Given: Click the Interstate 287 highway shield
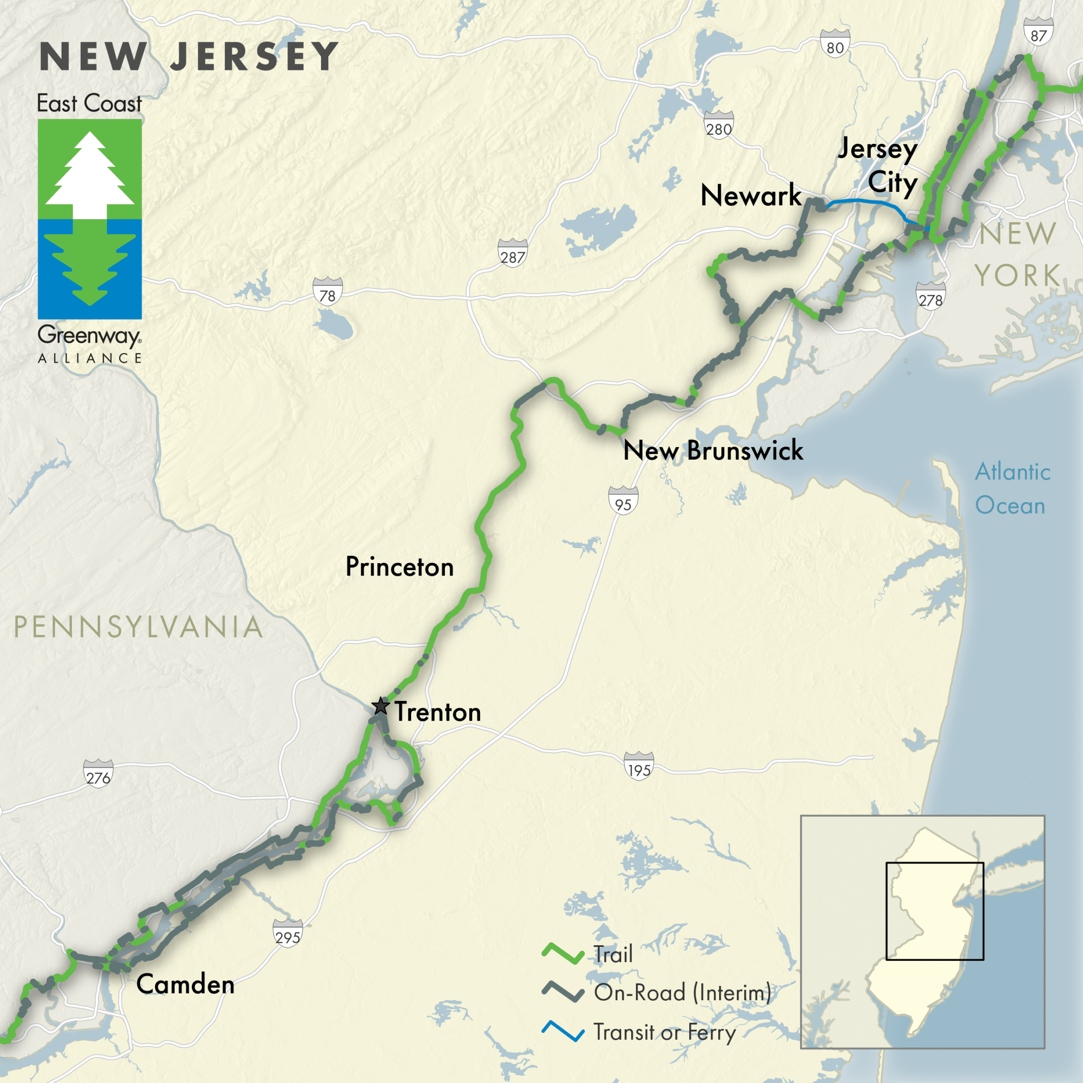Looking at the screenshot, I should [x=512, y=253].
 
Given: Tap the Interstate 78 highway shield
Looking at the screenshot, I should [x=327, y=291].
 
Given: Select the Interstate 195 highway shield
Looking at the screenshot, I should [x=639, y=765].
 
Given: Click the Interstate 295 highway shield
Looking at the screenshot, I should [x=287, y=933].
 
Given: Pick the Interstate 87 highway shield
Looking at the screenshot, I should [x=1038, y=32].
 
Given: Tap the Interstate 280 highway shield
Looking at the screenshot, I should [x=719, y=125].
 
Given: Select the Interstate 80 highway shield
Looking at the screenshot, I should [x=835, y=44].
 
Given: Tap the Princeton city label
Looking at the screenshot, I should [x=399, y=567].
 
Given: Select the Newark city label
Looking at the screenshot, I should [x=751, y=195].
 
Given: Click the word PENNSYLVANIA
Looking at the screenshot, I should [x=137, y=627].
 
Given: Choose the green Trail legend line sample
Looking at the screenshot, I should [x=563, y=954].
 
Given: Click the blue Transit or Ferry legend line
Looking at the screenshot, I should [x=563, y=1031].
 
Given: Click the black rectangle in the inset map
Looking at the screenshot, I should [x=934, y=863].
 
